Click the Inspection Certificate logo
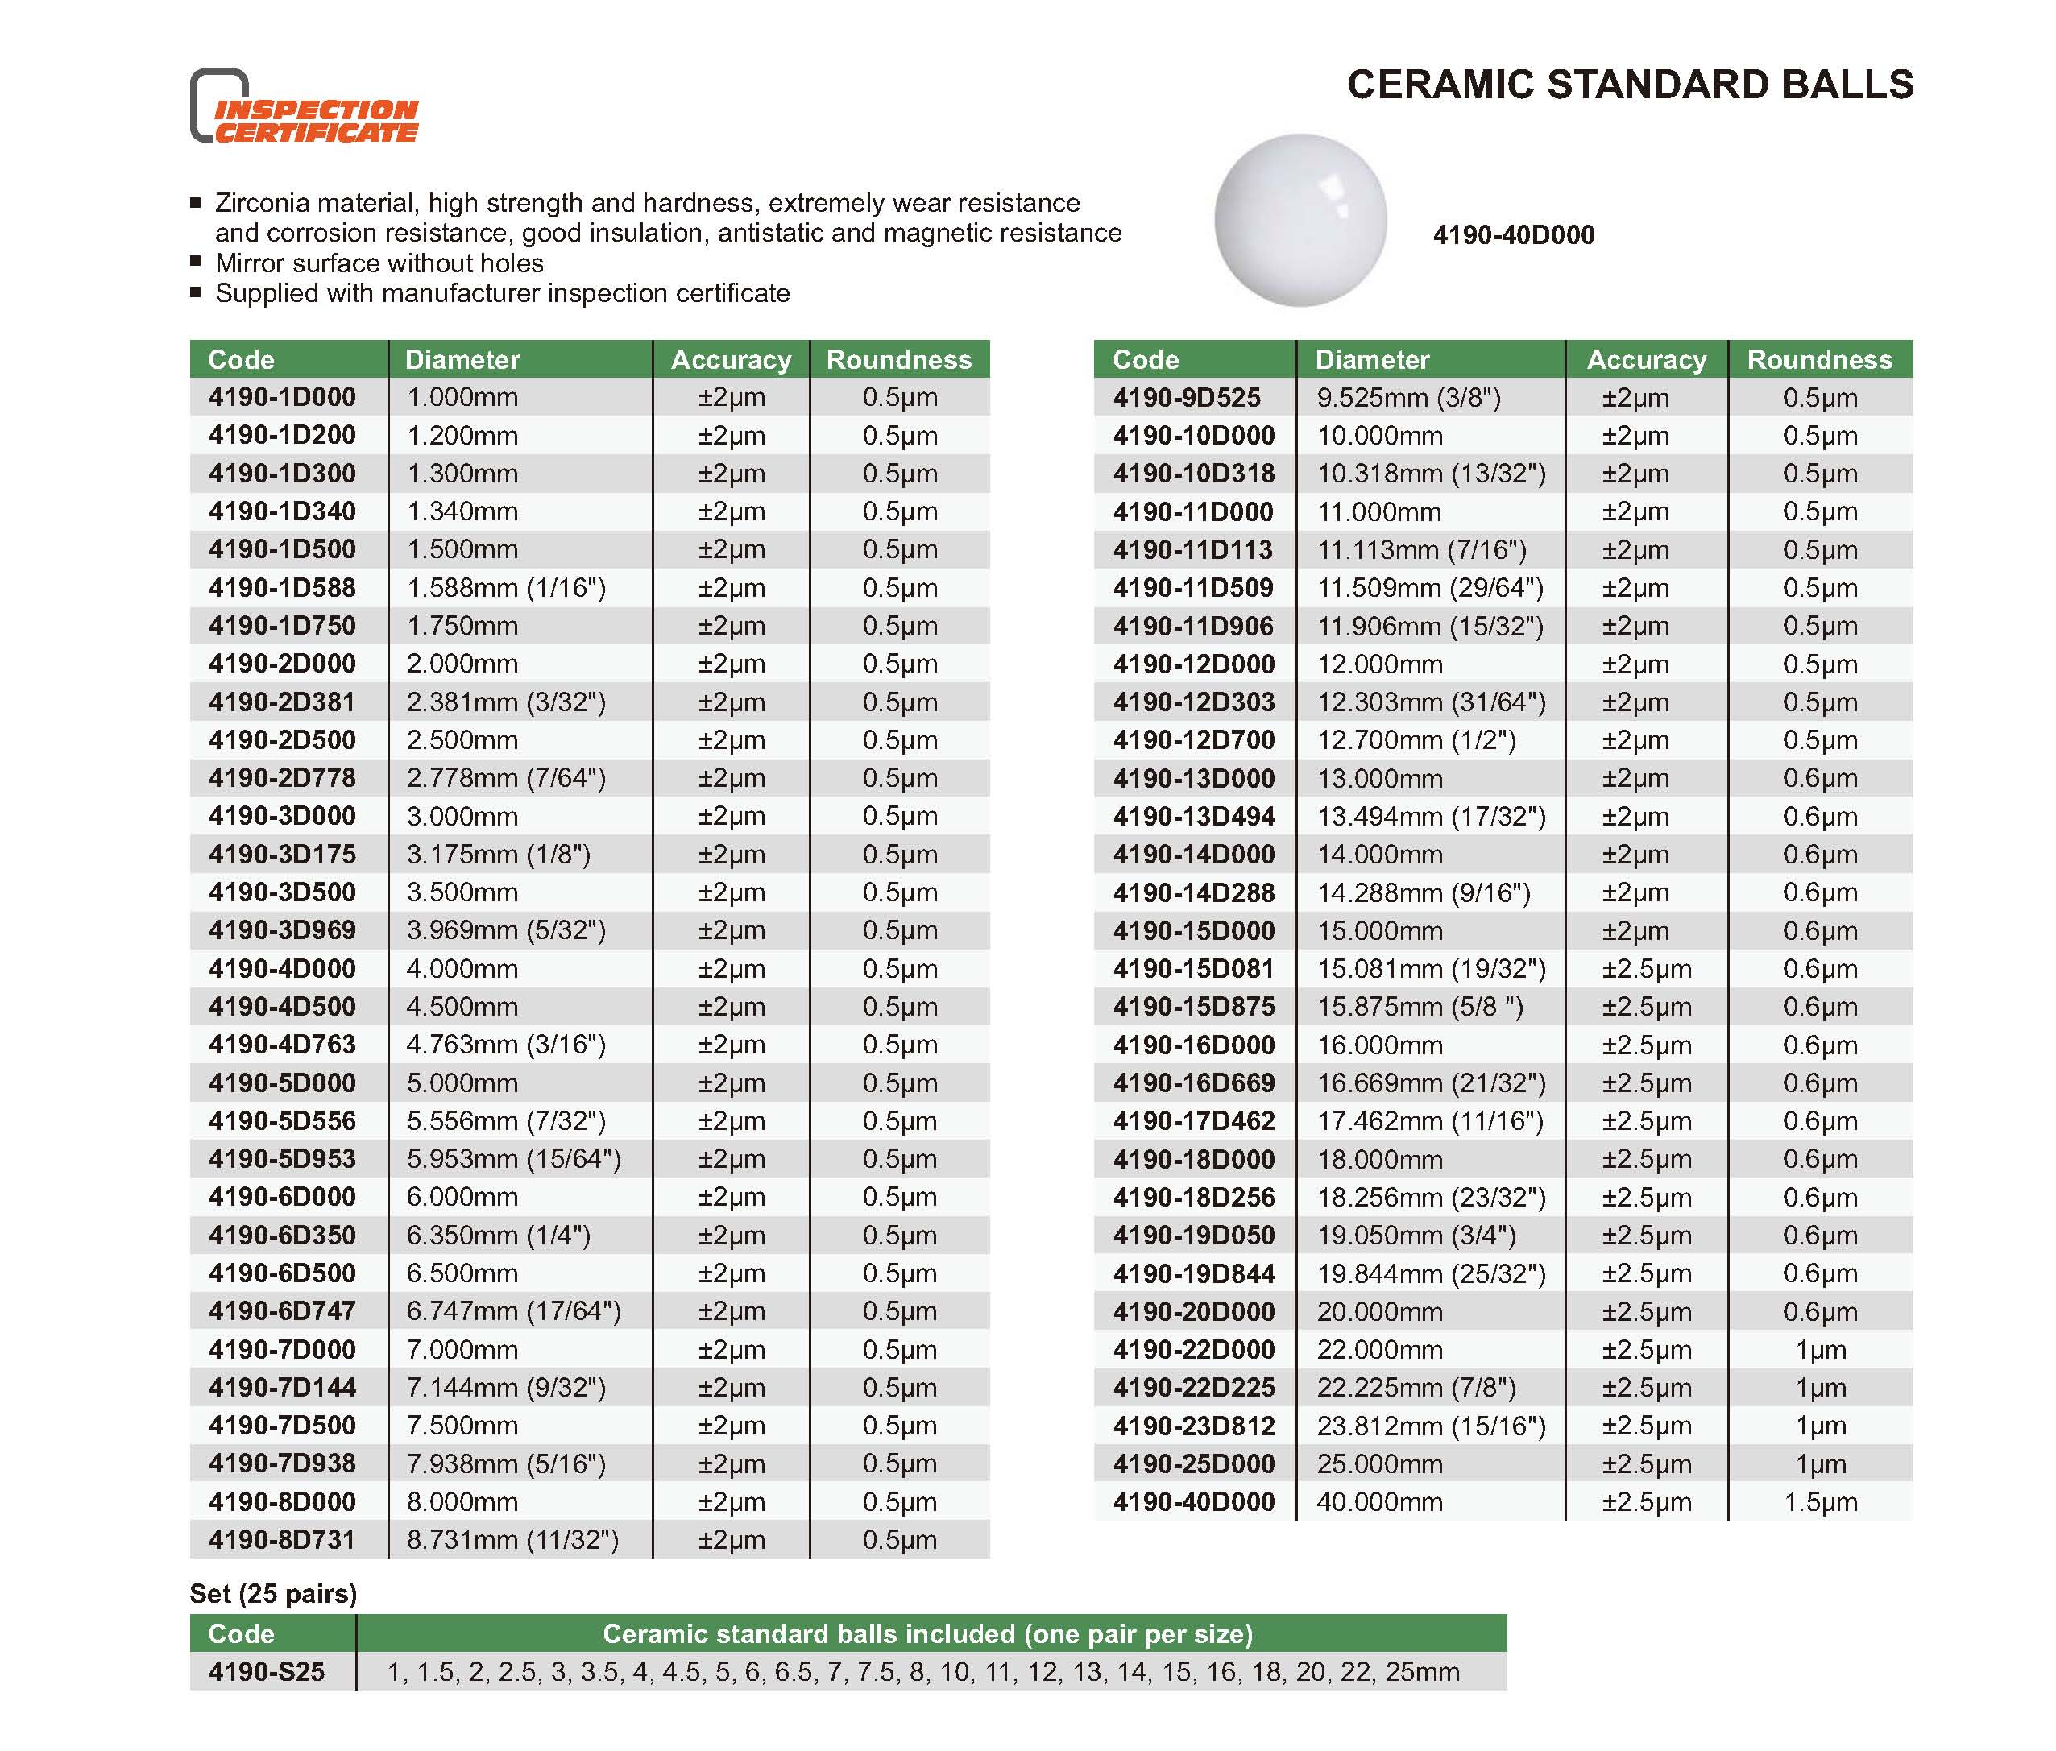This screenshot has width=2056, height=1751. (304, 107)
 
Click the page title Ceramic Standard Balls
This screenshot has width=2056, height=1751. (1629, 85)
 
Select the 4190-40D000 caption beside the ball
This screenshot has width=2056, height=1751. (1513, 235)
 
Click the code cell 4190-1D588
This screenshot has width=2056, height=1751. (282, 588)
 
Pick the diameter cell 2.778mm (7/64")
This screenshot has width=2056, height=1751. (505, 779)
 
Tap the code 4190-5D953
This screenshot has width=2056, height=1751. (282, 1159)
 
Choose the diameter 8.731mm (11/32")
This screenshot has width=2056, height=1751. (512, 1540)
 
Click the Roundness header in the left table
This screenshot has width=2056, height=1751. (899, 359)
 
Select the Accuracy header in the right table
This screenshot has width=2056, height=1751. (1646, 359)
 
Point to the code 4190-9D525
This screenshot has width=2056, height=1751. (1187, 398)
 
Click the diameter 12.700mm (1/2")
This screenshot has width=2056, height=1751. (1416, 740)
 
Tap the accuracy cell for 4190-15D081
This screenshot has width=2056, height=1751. (1646, 969)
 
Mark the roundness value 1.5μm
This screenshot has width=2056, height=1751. (1820, 1502)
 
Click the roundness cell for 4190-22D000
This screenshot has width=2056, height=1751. (1820, 1350)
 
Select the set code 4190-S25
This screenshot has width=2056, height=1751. (266, 1671)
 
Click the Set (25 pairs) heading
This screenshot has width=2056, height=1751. (273, 1593)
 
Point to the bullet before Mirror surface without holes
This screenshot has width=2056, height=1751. (196, 262)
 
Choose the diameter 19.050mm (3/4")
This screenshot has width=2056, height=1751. (1416, 1236)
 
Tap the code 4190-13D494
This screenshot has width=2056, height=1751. (1194, 817)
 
